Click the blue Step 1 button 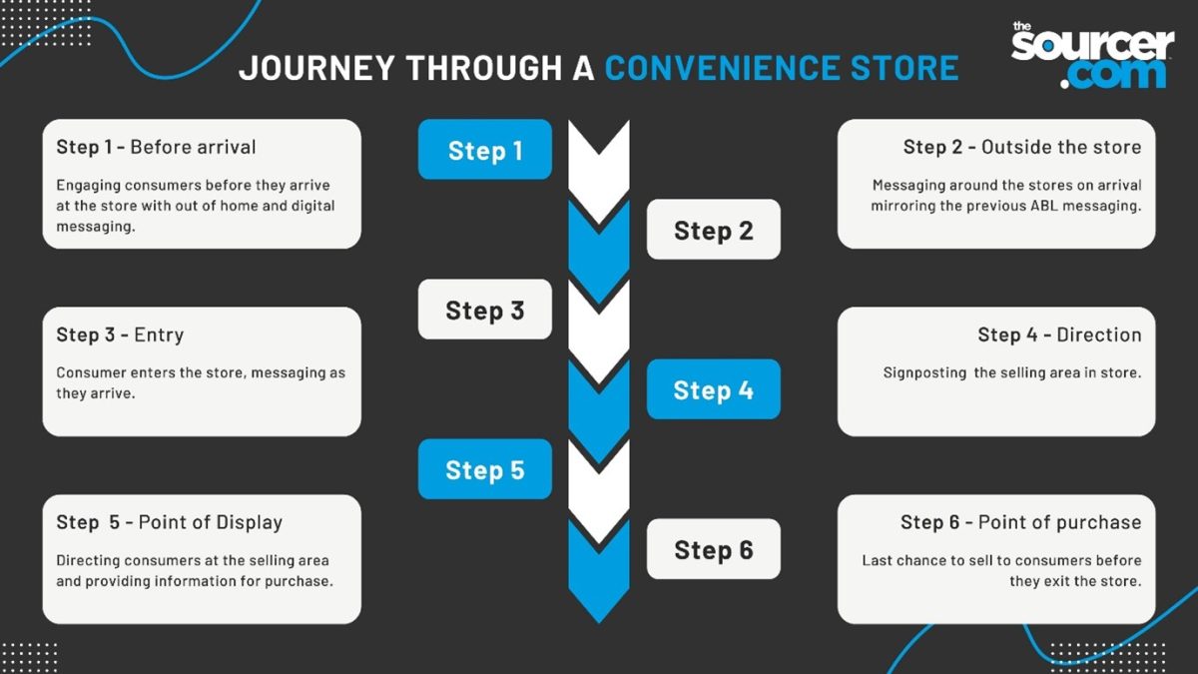coord(484,150)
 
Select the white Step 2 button coord(713,230)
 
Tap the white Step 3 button coord(484,310)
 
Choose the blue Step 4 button coord(713,389)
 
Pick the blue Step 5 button coord(484,469)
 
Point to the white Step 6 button coord(713,549)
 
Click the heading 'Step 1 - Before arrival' coord(156,147)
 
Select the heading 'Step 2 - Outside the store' coord(1021,147)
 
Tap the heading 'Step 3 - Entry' coord(120,335)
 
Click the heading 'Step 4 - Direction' coord(1058,335)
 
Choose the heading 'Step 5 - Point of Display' coord(169,522)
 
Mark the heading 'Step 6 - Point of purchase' coord(1020,522)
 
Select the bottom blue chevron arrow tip coord(599,604)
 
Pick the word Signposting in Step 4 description coord(924,372)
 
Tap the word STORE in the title coord(903,68)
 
